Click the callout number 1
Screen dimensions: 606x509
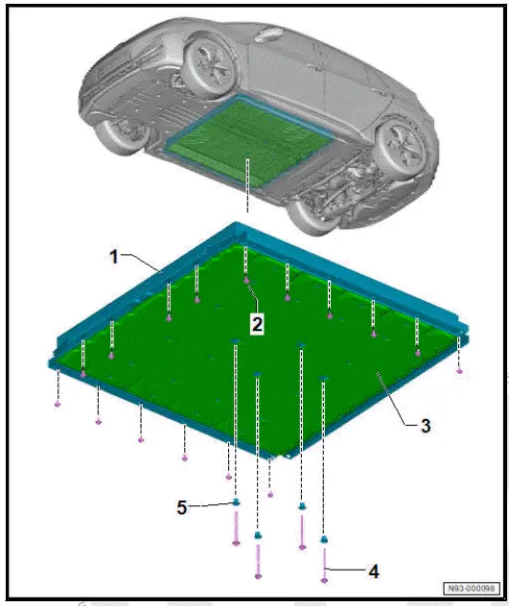[113, 257]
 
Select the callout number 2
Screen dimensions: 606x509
[257, 323]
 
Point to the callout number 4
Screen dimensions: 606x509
[374, 571]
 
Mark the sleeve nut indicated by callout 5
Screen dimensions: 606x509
[236, 502]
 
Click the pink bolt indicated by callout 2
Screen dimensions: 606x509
[246, 281]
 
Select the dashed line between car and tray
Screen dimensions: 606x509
[246, 192]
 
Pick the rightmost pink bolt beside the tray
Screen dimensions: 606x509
[460, 370]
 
